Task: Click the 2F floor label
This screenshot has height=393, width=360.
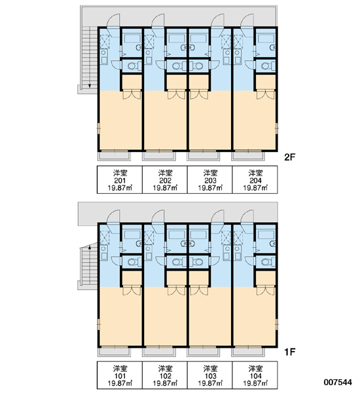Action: coord(290,157)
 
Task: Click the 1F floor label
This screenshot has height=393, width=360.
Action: coord(290,352)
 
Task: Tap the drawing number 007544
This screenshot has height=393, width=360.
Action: coord(338,383)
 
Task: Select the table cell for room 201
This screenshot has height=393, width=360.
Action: coord(120,179)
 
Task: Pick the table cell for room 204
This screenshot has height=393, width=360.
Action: coord(255,179)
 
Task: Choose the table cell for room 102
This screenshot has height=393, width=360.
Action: coord(165,375)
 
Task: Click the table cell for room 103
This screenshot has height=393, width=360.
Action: coord(210,375)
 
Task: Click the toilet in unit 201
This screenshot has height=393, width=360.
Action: coord(132,66)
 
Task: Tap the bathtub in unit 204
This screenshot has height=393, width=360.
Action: coord(266,39)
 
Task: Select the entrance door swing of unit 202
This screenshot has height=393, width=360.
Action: coord(158,20)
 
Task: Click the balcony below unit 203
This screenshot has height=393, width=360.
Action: coord(203,156)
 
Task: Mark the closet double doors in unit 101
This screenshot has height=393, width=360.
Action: coord(132,291)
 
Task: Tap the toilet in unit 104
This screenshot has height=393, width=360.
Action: coord(266,262)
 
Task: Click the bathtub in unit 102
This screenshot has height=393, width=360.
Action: coord(177,235)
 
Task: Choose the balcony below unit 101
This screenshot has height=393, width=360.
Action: coord(114,352)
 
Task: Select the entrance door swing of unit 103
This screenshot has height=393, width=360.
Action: coord(217,217)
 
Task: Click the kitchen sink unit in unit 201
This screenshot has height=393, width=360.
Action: coord(104,56)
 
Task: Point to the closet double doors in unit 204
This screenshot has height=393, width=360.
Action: coord(266,95)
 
